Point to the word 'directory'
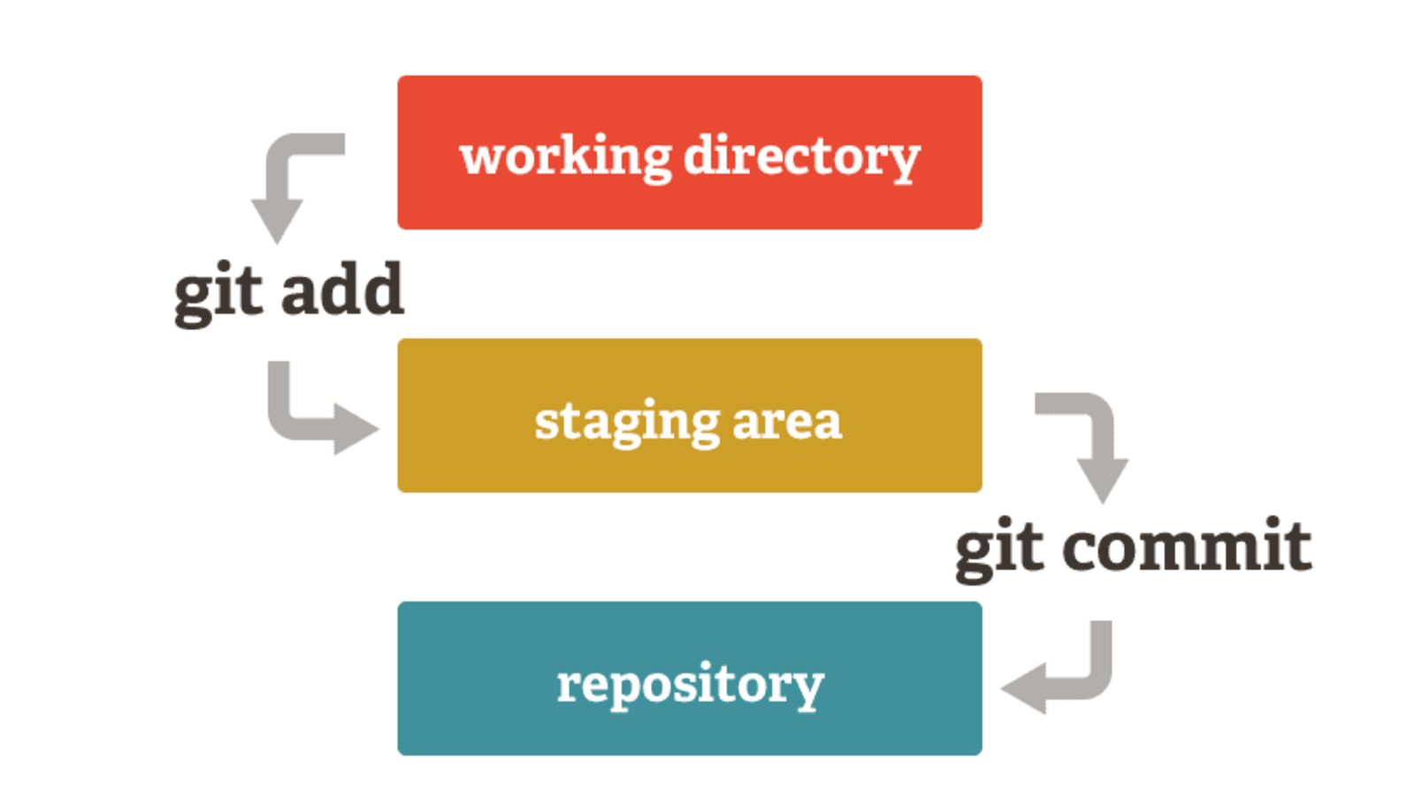click(802, 157)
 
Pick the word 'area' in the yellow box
click(787, 422)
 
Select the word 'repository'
click(690, 685)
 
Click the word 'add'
click(342, 290)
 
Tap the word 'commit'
click(1187, 547)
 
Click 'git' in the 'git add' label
click(218, 292)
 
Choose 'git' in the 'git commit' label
click(999, 548)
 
